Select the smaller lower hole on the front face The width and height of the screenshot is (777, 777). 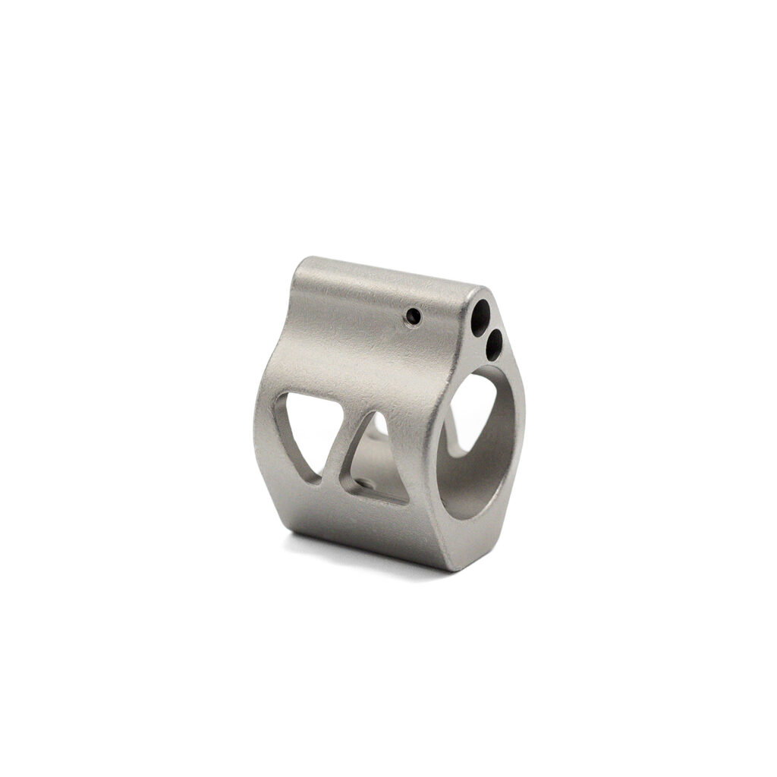click(493, 346)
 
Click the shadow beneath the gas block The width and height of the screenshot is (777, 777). click(364, 554)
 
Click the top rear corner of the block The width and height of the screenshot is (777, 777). click(300, 262)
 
